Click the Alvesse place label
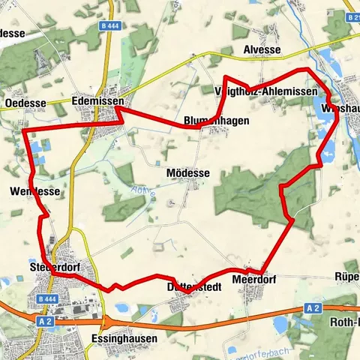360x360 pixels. point(262,50)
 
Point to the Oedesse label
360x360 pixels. point(25,103)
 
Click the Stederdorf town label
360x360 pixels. point(55,267)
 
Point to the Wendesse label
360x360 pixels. point(34,192)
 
